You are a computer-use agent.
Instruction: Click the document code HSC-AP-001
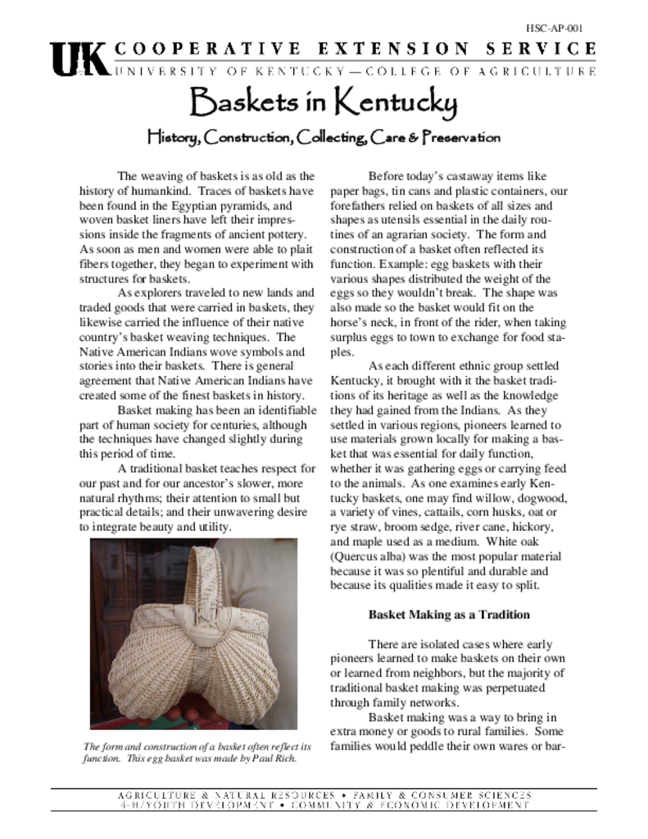tap(561, 27)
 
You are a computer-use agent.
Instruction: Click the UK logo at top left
tap(79, 59)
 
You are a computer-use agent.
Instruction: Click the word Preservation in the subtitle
tap(460, 137)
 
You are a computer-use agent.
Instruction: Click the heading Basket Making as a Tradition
tap(448, 615)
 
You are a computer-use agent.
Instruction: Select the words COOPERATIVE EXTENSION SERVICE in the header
tap(356, 49)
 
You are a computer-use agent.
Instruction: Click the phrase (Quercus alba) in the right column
tap(368, 556)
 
